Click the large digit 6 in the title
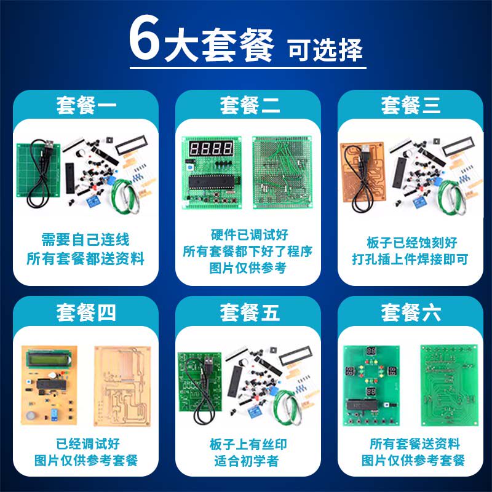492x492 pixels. (145, 37)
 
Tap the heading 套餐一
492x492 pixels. (86, 105)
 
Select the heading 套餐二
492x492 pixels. (250, 105)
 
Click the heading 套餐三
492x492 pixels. (411, 105)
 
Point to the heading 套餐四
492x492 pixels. (86, 312)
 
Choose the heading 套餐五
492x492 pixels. (250, 312)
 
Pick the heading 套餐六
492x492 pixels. (411, 312)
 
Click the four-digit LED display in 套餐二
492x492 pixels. (211, 148)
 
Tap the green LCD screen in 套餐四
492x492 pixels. (48, 359)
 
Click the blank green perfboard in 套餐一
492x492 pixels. (38, 170)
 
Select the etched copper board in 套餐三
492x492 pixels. (362, 172)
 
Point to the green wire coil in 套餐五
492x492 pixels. (287, 407)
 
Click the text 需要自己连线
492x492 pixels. (85, 240)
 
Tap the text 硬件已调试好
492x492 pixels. (250, 235)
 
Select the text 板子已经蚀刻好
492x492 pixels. (411, 242)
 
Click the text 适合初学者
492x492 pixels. (247, 461)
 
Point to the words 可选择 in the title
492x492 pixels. (325, 50)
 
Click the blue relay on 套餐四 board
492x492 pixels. (54, 414)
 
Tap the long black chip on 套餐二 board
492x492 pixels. (212, 182)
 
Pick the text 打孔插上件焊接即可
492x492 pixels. (410, 259)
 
